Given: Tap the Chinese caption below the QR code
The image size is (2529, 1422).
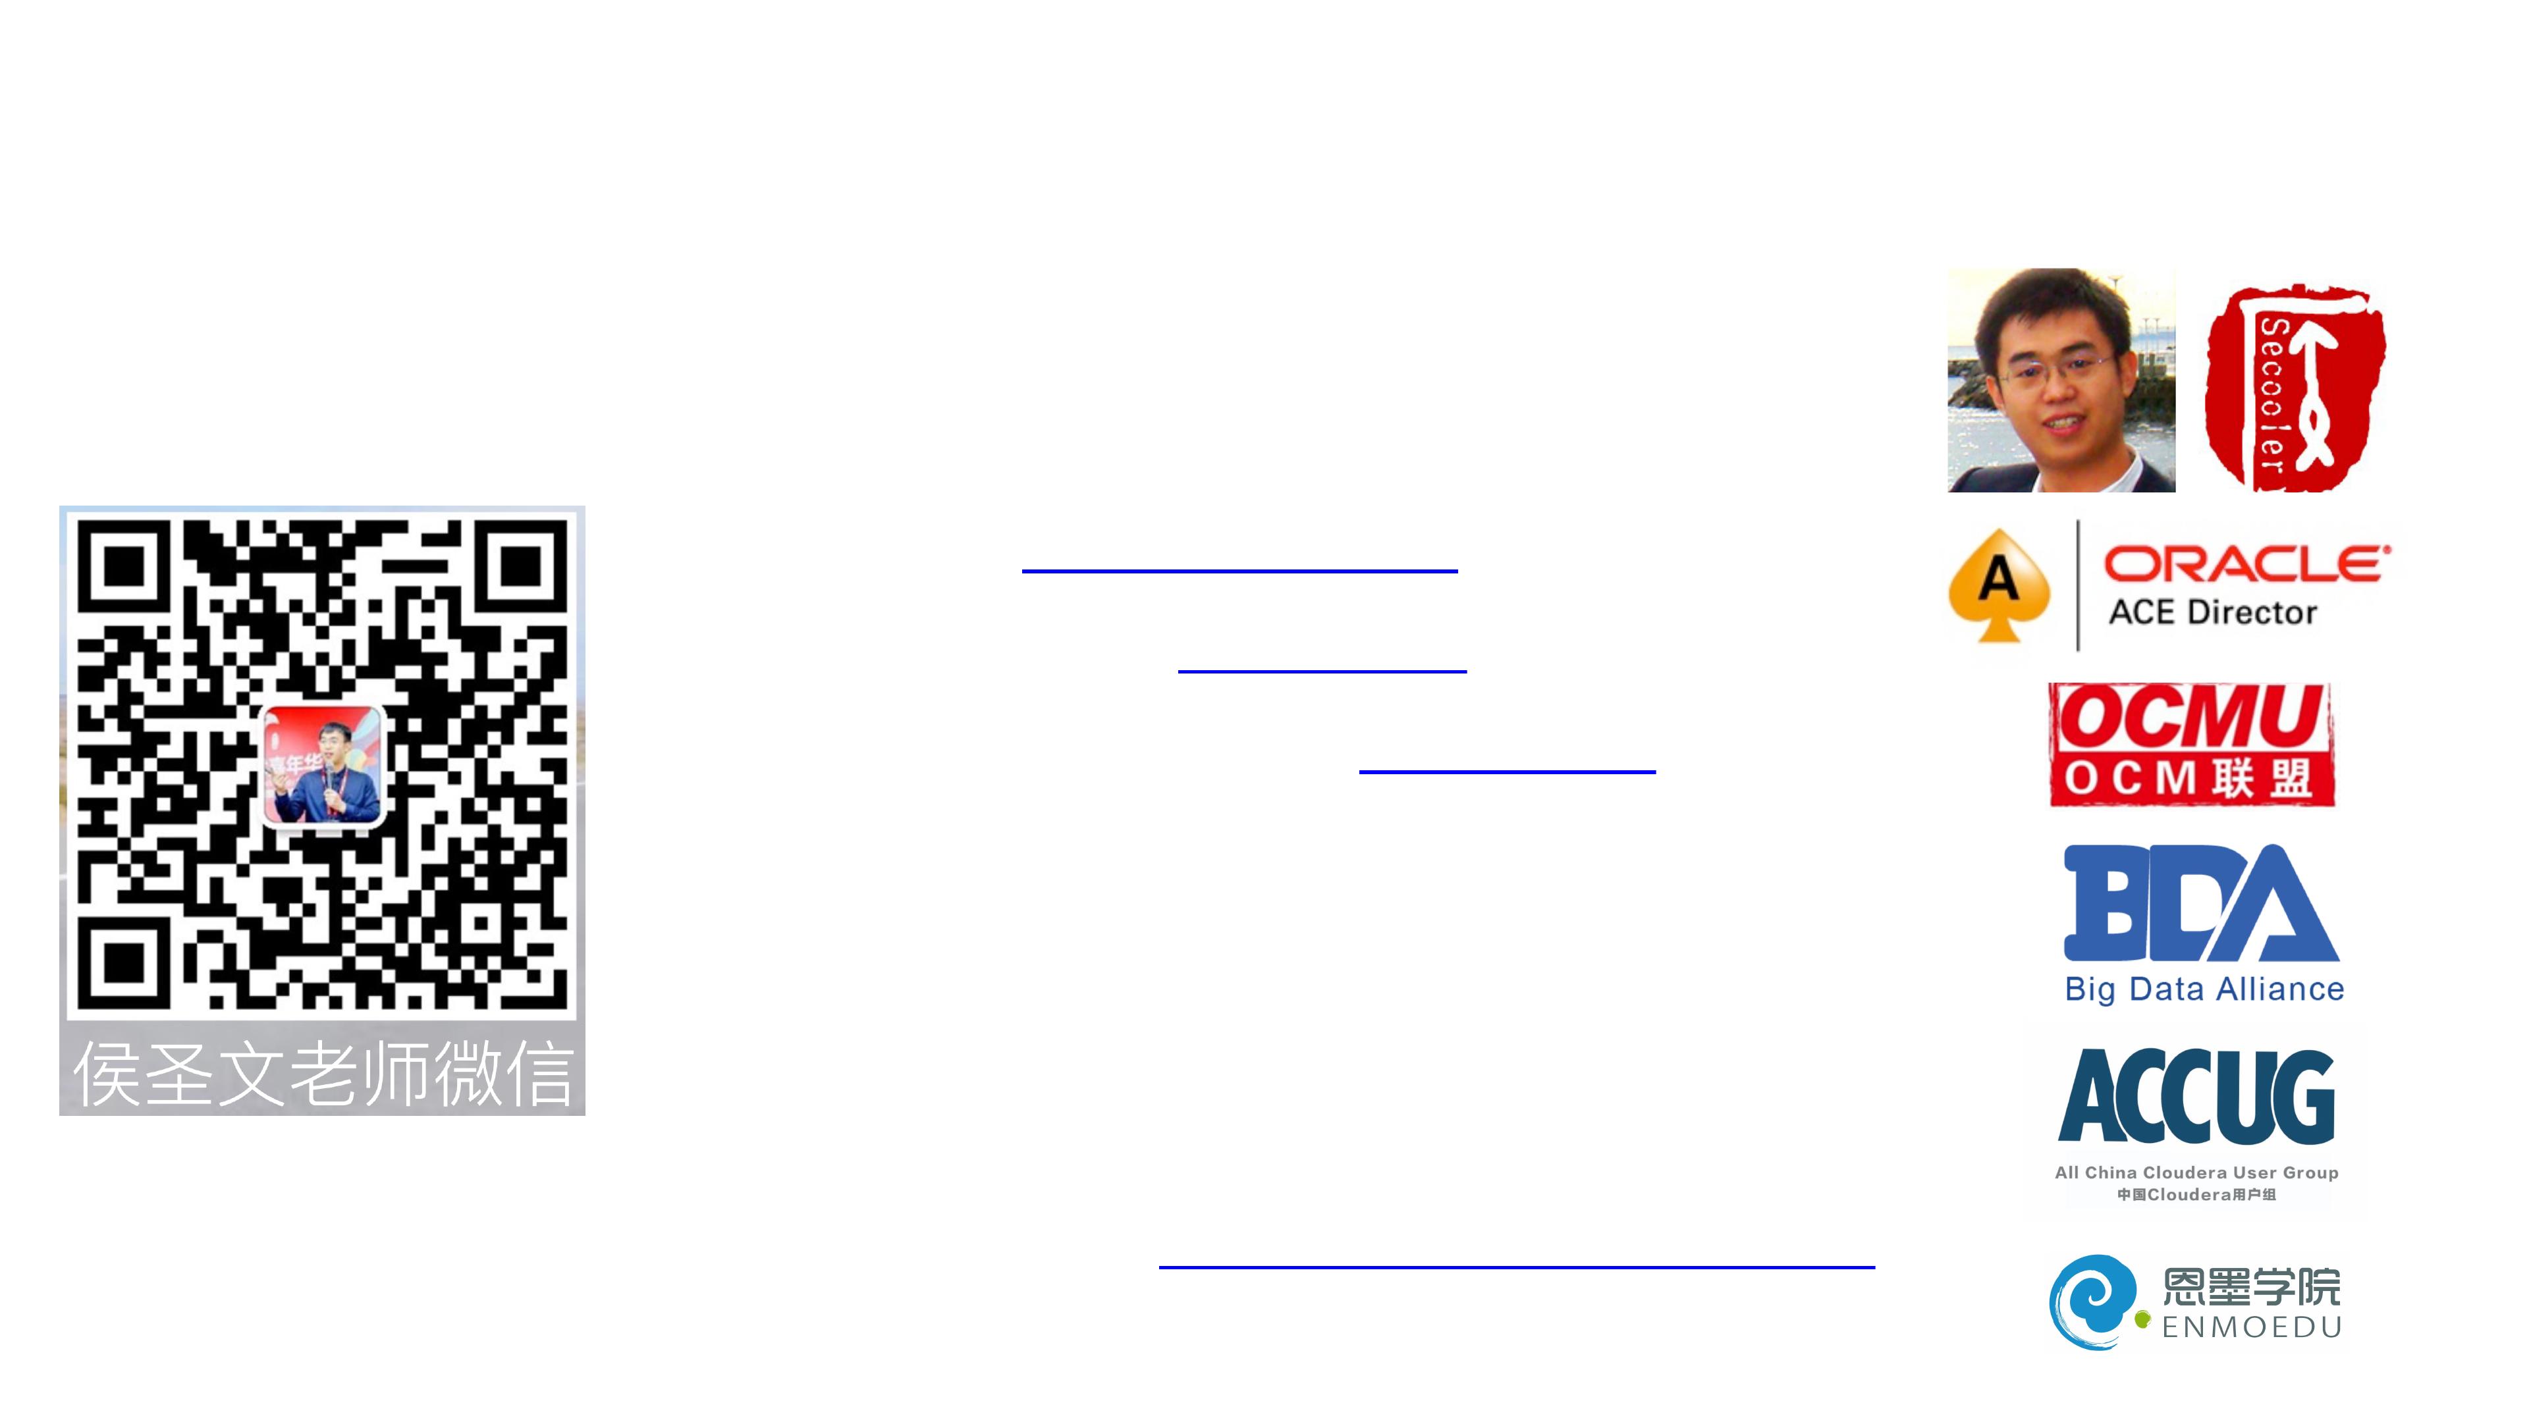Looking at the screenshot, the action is click(x=323, y=1074).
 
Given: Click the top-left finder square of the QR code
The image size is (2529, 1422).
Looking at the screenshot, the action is click(x=124, y=566).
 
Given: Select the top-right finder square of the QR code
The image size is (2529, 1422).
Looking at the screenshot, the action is click(x=522, y=566).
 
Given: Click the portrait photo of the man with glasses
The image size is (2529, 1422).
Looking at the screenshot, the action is click(x=2061, y=381).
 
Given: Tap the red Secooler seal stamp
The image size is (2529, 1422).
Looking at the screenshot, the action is click(x=2295, y=388).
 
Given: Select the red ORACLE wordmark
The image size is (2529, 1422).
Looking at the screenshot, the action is click(x=2245, y=564).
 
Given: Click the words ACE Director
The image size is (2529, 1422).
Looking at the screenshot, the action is click(x=2212, y=612).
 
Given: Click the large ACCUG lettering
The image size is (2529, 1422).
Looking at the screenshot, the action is click(x=2196, y=1096).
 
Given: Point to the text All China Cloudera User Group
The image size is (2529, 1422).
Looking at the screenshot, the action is click(x=2196, y=1172).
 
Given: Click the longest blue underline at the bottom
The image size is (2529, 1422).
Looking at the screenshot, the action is click(x=1516, y=1267).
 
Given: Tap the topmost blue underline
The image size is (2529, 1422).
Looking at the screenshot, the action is click(x=1239, y=570).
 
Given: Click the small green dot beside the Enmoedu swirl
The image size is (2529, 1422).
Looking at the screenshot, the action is click(x=2142, y=1320).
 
